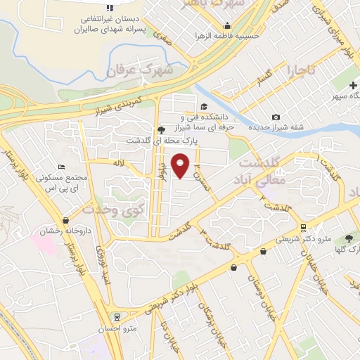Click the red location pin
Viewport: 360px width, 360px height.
pos(181,165)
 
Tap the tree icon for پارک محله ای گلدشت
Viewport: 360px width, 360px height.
pos(162,129)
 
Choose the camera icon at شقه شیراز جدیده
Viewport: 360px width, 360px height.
pos(276,117)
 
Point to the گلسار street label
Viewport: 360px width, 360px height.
pos(264,77)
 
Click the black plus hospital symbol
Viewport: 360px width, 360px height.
pos(353,85)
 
